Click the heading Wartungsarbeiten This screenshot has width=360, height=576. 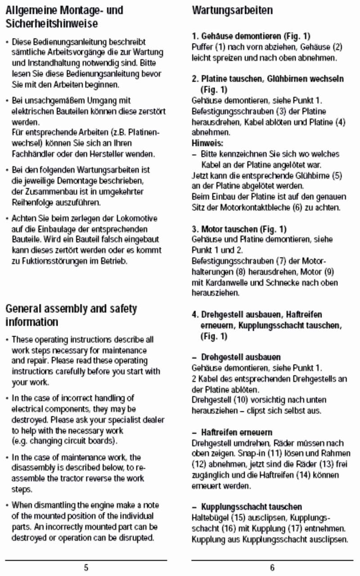click(x=232, y=10)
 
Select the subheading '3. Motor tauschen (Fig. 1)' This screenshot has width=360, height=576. click(x=239, y=229)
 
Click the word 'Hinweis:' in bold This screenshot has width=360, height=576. click(x=207, y=143)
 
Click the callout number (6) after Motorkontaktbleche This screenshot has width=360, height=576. click(x=297, y=208)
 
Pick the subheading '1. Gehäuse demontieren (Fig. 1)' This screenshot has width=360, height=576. click(x=251, y=36)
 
